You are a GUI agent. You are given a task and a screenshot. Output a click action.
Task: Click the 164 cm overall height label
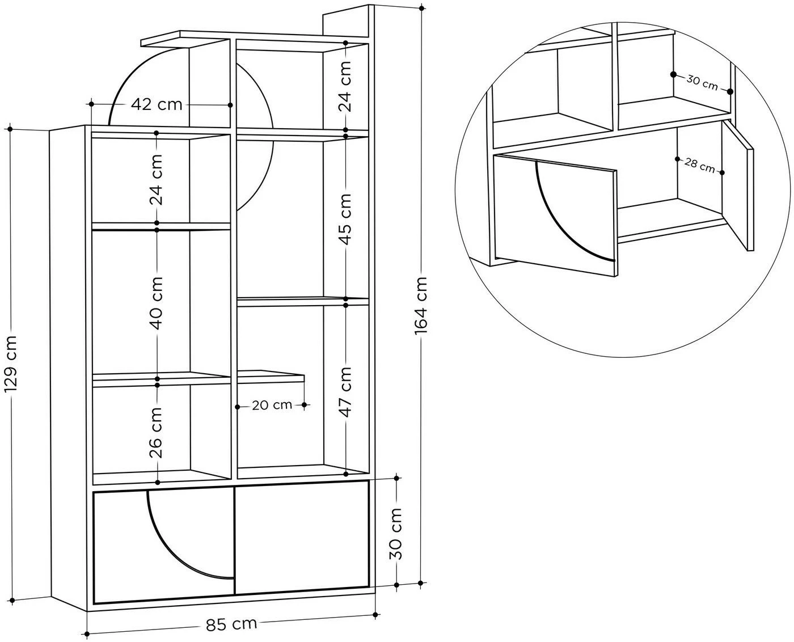tap(421, 305)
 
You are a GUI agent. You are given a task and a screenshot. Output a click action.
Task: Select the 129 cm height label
tap(10, 364)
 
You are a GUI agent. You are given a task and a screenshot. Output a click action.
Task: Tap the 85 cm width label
tap(231, 623)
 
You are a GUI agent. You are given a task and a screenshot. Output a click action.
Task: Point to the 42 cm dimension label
tap(157, 104)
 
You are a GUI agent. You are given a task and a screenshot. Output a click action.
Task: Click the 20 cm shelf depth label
tap(272, 405)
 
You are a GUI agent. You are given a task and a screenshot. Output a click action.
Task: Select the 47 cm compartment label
tap(345, 391)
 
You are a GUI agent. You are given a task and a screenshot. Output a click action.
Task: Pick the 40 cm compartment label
tap(157, 303)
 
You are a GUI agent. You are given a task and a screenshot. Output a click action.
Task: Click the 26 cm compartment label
tap(157, 433)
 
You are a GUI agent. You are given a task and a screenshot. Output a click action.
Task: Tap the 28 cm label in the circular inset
tap(700, 166)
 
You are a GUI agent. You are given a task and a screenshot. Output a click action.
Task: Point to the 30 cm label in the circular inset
tap(702, 83)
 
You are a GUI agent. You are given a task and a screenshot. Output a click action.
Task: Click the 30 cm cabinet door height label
tap(396, 534)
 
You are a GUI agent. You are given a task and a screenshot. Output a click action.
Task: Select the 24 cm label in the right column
tap(345, 86)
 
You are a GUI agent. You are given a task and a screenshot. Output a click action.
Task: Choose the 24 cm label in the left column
tap(157, 180)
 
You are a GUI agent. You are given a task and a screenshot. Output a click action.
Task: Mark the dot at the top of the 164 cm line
tap(421, 7)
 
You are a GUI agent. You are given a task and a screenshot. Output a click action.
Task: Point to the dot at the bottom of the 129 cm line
tap(12, 601)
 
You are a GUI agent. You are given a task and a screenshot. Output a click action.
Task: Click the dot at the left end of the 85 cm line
tap(87, 633)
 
